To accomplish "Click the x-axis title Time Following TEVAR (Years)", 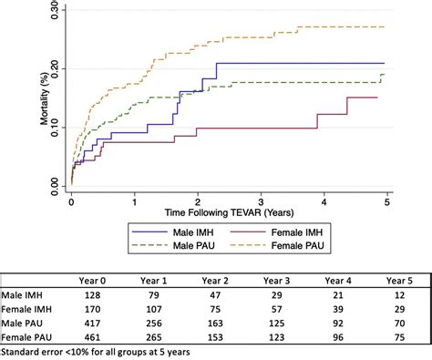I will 228,211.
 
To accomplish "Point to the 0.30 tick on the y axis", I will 56,10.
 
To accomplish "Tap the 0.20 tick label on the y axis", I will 56,69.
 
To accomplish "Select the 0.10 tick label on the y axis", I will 56,128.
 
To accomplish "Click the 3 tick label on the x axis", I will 262,200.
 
